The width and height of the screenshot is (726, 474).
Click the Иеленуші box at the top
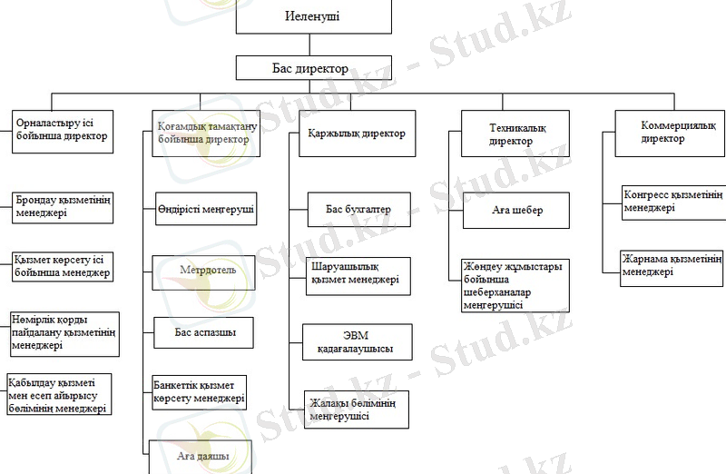(313, 17)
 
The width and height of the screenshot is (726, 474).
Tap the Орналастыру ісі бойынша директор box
(62, 130)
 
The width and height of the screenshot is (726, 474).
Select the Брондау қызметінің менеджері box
(62, 208)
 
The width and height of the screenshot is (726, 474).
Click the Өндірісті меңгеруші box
(204, 209)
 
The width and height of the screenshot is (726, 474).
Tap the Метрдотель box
(204, 272)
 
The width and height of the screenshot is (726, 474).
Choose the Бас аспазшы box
(204, 333)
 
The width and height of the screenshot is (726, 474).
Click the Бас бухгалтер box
(358, 210)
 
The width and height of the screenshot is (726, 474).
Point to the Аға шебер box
(516, 211)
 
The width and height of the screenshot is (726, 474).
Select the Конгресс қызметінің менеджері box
(672, 201)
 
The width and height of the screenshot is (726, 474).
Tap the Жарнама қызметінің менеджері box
(672, 264)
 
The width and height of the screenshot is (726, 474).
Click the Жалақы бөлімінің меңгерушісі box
(357, 410)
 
